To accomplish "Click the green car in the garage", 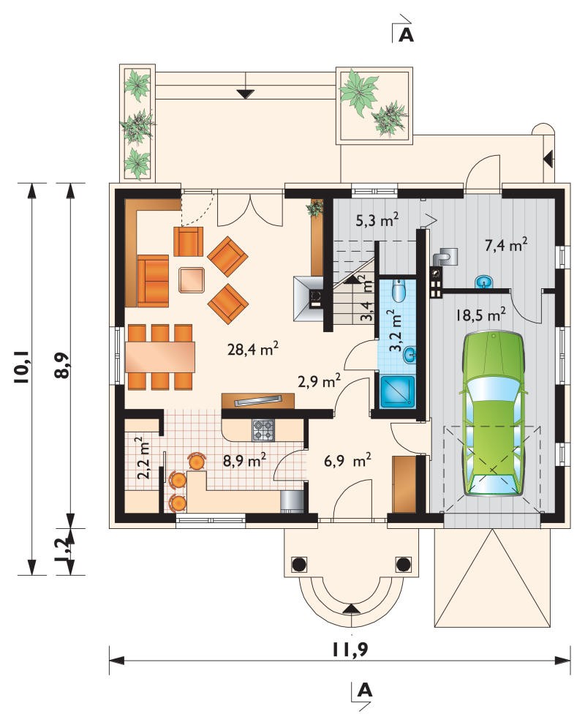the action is tap(493, 414).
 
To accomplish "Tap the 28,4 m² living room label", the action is tap(252, 349).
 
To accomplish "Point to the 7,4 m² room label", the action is tap(506, 245).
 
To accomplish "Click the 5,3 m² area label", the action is tap(377, 220).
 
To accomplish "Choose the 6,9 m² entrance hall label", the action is tap(347, 460).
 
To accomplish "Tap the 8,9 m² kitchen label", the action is tap(244, 460).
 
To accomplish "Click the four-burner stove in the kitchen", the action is tap(263, 430).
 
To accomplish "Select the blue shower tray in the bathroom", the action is tap(397, 391).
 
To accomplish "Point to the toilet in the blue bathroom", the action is tap(399, 290).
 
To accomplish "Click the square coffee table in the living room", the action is tap(192, 279).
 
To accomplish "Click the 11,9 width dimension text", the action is tap(350, 650).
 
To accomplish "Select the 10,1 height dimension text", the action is tap(23, 367).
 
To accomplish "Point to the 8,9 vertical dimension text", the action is tap(63, 366).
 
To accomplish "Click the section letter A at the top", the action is tap(406, 34).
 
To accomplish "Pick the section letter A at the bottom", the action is tap(365, 690).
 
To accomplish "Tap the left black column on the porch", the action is tap(298, 563).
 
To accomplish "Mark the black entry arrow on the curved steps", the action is tap(351, 609).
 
